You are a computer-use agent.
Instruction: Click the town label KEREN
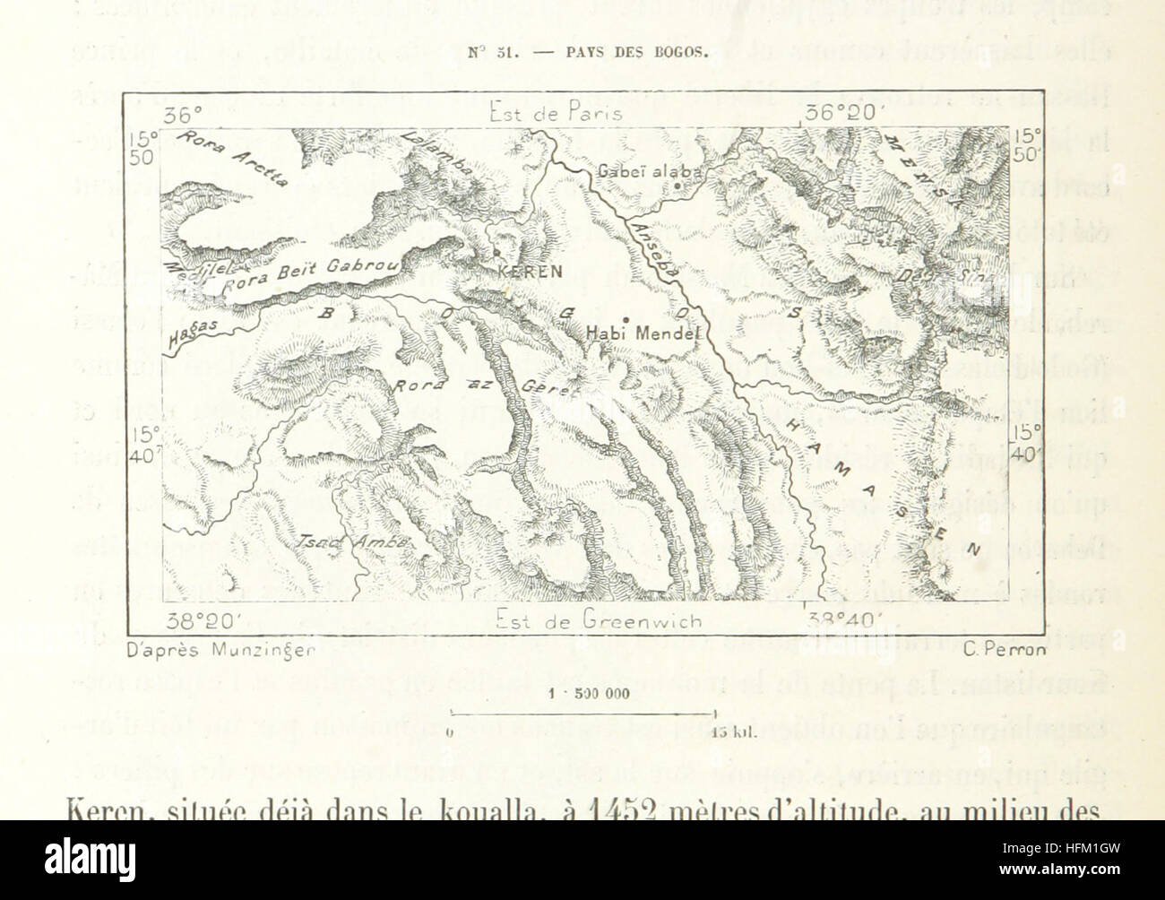pyautogui.click(x=530, y=271)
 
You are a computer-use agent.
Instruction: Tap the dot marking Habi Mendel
pyautogui.click(x=626, y=319)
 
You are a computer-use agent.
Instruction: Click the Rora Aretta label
pyautogui.click(x=232, y=157)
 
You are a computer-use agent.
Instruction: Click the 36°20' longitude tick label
pyautogui.click(x=844, y=114)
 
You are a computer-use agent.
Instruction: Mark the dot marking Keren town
pyautogui.click(x=496, y=255)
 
